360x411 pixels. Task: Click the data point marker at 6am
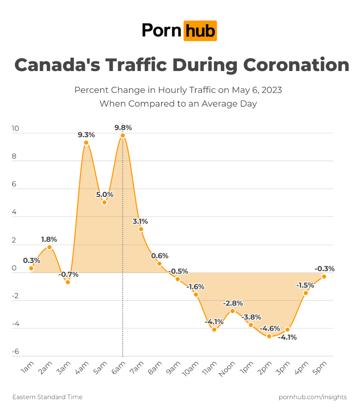tap(123, 135)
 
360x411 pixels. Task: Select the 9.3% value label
tap(86, 135)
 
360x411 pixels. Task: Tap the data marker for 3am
tap(68, 282)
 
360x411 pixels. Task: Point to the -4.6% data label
tap(270, 328)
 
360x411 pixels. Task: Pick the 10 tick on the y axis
tap(15, 129)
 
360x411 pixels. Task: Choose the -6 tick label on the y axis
tap(15, 352)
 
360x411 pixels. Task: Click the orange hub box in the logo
tap(200, 31)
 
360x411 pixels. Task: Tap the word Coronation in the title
tap(296, 65)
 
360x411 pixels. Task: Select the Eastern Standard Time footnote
tap(47, 397)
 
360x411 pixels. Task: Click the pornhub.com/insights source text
tap(313, 397)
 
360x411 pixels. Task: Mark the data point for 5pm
tap(324, 276)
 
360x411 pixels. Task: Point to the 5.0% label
tap(105, 194)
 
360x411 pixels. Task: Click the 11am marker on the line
tap(214, 329)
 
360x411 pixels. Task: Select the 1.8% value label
tap(49, 239)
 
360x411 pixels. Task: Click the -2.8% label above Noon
tap(233, 303)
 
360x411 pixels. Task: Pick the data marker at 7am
tap(141, 229)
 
